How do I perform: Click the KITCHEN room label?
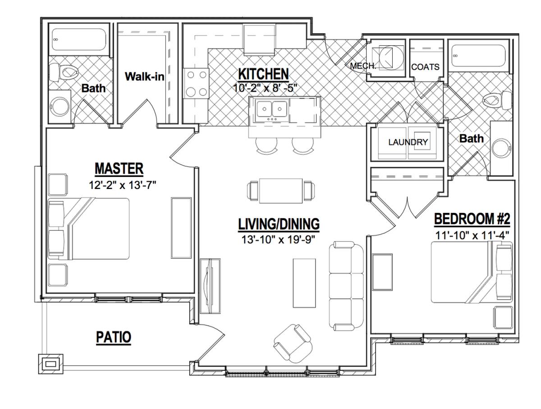(263, 74)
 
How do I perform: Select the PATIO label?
(113, 337)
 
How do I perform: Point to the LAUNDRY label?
(408, 142)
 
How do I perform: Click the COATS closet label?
(425, 67)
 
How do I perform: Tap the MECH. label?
(363, 66)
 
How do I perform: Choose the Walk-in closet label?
(144, 76)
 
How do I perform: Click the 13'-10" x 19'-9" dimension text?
(279, 239)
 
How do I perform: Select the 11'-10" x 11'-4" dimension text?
(472, 235)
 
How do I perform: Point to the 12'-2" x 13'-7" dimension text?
(123, 185)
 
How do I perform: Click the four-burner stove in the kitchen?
(197, 84)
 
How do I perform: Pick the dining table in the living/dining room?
(281, 191)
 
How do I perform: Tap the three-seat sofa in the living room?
(346, 286)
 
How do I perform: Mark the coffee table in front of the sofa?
(304, 283)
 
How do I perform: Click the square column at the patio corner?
(51, 364)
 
